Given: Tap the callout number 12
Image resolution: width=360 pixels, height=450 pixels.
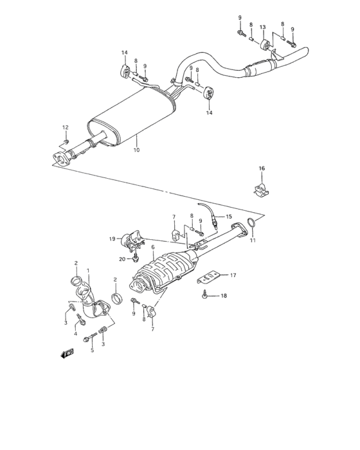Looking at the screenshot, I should tap(65, 127).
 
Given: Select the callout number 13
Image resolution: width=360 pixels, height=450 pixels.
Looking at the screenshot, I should tap(262, 27).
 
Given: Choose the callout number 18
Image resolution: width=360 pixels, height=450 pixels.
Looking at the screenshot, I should tap(224, 296).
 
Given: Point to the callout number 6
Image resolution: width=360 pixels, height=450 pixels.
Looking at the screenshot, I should tap(153, 247).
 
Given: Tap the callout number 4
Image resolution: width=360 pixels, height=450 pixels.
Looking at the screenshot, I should tap(76, 334).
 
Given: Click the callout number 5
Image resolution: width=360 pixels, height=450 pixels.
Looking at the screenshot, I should tap(92, 350).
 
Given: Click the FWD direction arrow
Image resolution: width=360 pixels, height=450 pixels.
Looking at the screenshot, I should tap(67, 352).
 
